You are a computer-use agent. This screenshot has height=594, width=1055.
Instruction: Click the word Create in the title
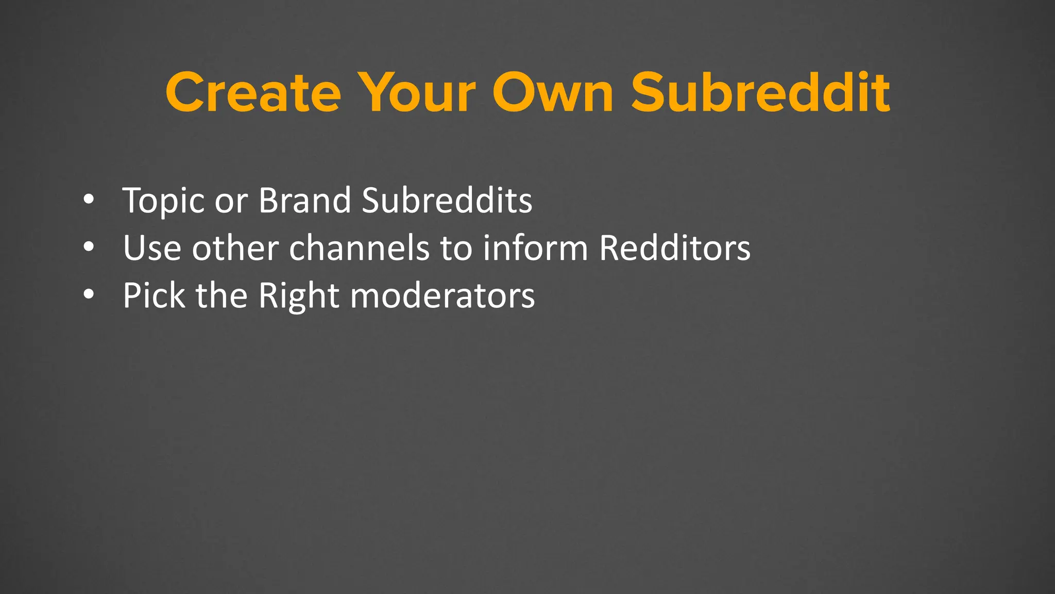pos(253,93)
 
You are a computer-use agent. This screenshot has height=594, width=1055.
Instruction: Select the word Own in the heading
pos(553,93)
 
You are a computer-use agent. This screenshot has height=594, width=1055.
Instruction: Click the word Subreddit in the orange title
pos(760,93)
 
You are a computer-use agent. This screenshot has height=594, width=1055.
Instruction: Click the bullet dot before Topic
pos(89,200)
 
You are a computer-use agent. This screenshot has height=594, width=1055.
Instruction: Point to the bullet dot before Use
pos(89,247)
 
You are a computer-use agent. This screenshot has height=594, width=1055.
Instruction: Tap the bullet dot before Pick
pos(89,295)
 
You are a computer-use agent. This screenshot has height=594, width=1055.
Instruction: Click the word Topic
pos(164,201)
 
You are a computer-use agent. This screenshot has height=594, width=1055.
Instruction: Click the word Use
pos(152,248)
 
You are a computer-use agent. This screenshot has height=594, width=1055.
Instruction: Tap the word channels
pos(359,248)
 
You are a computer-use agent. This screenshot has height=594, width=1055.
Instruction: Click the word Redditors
pos(675,248)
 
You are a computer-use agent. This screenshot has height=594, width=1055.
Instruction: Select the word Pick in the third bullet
pos(154,295)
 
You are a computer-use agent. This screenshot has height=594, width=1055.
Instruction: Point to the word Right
pos(299,296)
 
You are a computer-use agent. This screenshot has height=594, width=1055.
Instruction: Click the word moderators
pos(443,295)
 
